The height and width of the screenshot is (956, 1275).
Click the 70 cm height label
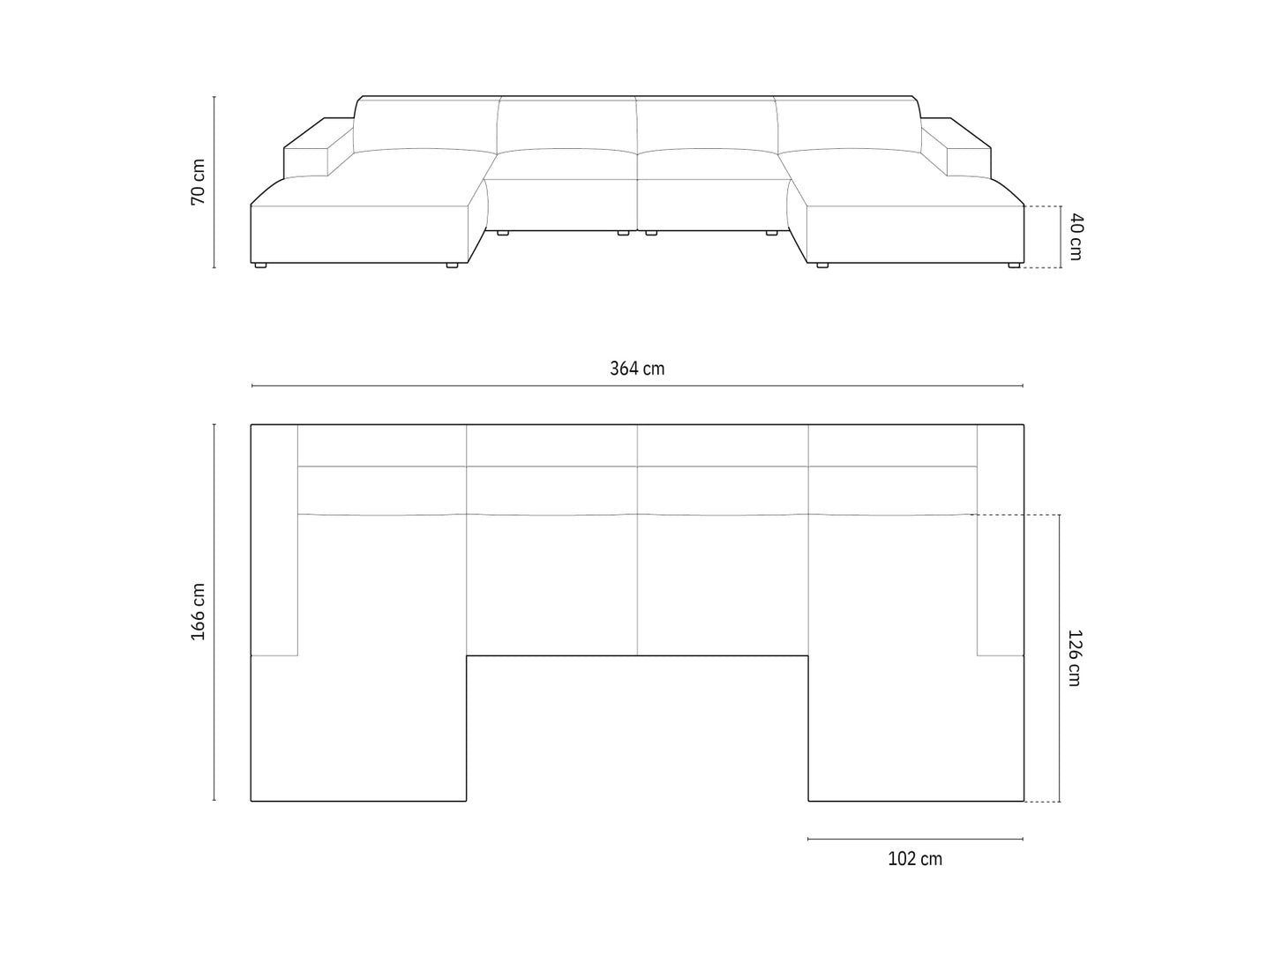coord(198,183)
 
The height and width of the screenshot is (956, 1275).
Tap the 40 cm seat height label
coord(1074,236)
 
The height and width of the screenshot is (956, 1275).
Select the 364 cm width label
coord(637,369)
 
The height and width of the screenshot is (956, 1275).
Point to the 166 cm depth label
coord(198,612)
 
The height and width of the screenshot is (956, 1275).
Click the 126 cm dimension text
coord(1074,657)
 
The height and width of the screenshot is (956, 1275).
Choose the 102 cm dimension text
coord(915,859)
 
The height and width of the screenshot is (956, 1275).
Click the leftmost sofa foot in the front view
coord(259,265)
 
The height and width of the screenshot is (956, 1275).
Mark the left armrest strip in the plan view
coord(274,540)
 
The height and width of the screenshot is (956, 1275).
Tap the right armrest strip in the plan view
coord(1000,540)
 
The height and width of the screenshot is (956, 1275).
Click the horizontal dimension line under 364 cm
coord(637,386)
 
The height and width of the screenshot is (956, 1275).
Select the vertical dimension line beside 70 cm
coord(214,183)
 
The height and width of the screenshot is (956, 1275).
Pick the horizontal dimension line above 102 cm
coord(915,839)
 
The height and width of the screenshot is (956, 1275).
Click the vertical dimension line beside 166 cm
coord(214,612)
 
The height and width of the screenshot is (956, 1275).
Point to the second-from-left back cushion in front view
coord(566,123)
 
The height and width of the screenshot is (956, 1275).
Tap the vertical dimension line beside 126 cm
coord(1059,657)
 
